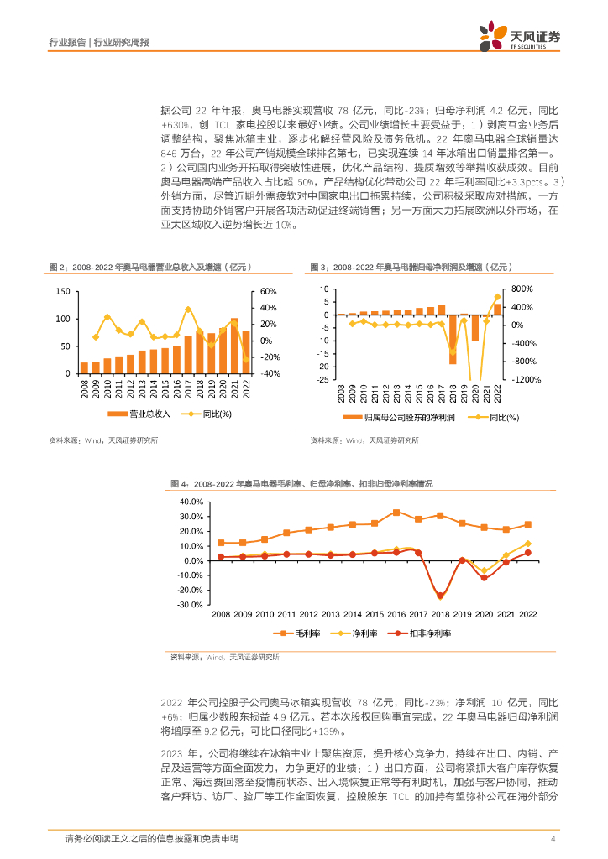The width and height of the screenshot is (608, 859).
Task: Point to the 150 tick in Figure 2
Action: tap(62, 292)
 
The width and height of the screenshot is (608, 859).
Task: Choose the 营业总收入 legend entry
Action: tap(144, 414)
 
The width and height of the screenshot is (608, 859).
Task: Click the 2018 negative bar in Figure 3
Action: tap(453, 339)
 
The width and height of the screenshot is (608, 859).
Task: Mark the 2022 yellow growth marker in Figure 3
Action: tap(496, 296)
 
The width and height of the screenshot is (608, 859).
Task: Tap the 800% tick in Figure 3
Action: tap(522, 289)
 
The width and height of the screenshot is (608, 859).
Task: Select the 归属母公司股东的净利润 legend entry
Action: tap(400, 417)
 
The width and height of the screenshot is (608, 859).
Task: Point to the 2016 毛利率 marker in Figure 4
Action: tap(396, 513)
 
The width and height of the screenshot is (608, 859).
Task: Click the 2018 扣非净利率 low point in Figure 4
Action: tap(440, 596)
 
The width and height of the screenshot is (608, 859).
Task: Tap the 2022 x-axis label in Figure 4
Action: tap(527, 615)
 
